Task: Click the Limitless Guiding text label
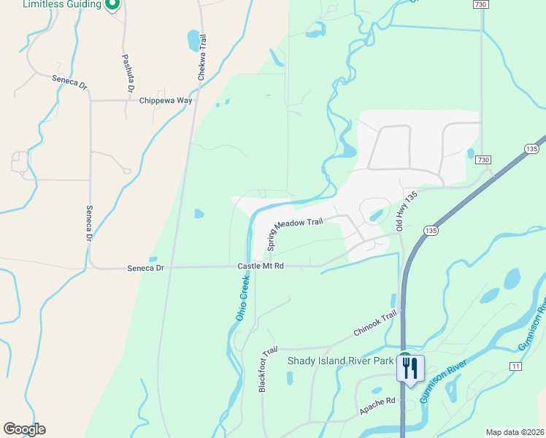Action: tap(61, 4)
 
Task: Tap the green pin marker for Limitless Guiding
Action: tap(112, 7)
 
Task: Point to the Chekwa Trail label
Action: tap(202, 56)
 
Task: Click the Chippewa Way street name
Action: tap(165, 101)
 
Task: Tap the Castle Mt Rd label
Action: tap(260, 267)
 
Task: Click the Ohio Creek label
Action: tap(242, 298)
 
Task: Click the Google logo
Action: tap(24, 429)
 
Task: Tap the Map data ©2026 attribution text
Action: tap(515, 432)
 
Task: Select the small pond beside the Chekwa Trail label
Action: tap(193, 38)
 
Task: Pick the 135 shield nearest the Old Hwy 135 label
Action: tap(431, 231)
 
